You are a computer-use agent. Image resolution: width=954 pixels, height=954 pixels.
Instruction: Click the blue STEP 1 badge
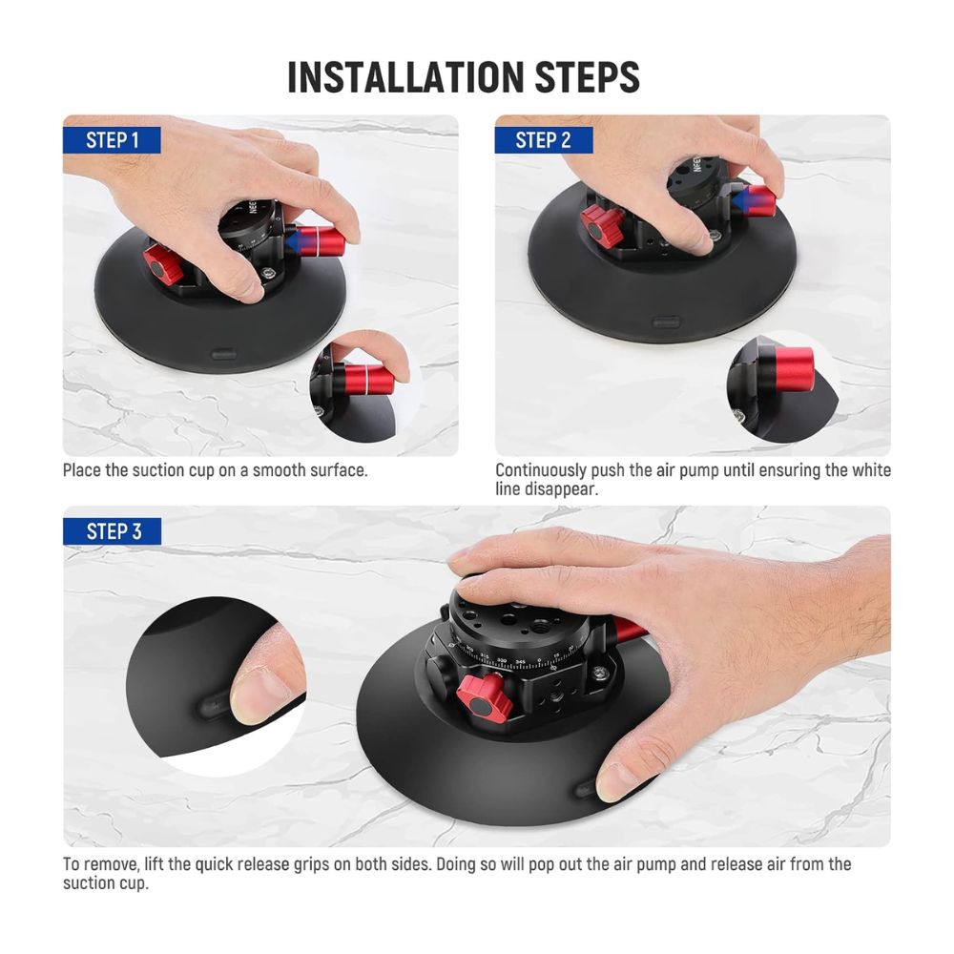(112, 140)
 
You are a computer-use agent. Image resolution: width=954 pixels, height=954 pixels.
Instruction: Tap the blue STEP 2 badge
(544, 140)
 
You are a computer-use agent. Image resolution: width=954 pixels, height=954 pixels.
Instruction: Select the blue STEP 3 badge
(113, 531)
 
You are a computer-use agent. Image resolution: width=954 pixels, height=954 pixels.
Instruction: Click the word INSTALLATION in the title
(405, 77)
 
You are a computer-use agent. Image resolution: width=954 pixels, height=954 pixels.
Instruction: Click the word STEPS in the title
(587, 77)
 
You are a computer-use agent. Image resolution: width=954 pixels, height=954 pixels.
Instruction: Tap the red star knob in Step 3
(485, 697)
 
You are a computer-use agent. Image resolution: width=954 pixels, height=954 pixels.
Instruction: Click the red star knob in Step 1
(162, 265)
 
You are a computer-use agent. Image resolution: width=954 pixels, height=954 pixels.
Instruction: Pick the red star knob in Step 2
(602, 224)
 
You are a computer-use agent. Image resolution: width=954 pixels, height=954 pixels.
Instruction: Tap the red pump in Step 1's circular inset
(369, 379)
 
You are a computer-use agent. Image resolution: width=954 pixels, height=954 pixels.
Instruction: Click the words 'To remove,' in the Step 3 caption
(102, 864)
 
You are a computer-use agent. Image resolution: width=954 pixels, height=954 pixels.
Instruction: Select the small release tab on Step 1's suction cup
(223, 354)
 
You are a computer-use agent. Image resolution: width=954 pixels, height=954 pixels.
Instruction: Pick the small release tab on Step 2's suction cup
(665, 321)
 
